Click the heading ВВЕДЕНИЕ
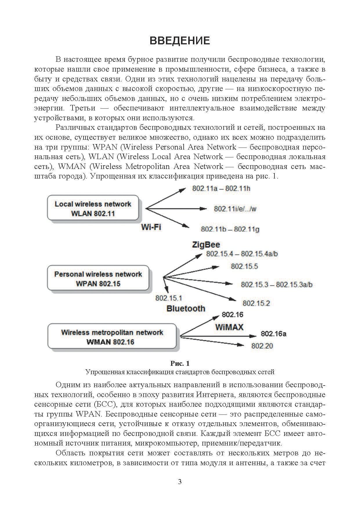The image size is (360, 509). point(180,41)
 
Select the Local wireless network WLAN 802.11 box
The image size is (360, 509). point(93,209)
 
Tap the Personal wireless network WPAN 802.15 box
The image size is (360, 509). point(98,279)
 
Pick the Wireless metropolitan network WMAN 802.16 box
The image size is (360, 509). point(112,337)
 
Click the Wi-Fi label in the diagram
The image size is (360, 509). point(151,227)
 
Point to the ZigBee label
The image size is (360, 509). point(206,245)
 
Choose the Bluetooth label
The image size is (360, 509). point(186,308)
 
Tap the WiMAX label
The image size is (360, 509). point(229,327)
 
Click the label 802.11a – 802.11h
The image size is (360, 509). point(221,189)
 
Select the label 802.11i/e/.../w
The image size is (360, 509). point(235,209)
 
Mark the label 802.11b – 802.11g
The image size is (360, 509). point(230,229)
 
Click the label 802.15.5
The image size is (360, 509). point(244,266)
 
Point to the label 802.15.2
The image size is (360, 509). point(256,303)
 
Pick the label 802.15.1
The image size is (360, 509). point(169,298)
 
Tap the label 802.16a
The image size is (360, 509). point(273,334)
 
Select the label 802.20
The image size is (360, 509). point(262,346)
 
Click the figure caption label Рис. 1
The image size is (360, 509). point(180,363)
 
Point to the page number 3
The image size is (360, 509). point(180,482)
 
